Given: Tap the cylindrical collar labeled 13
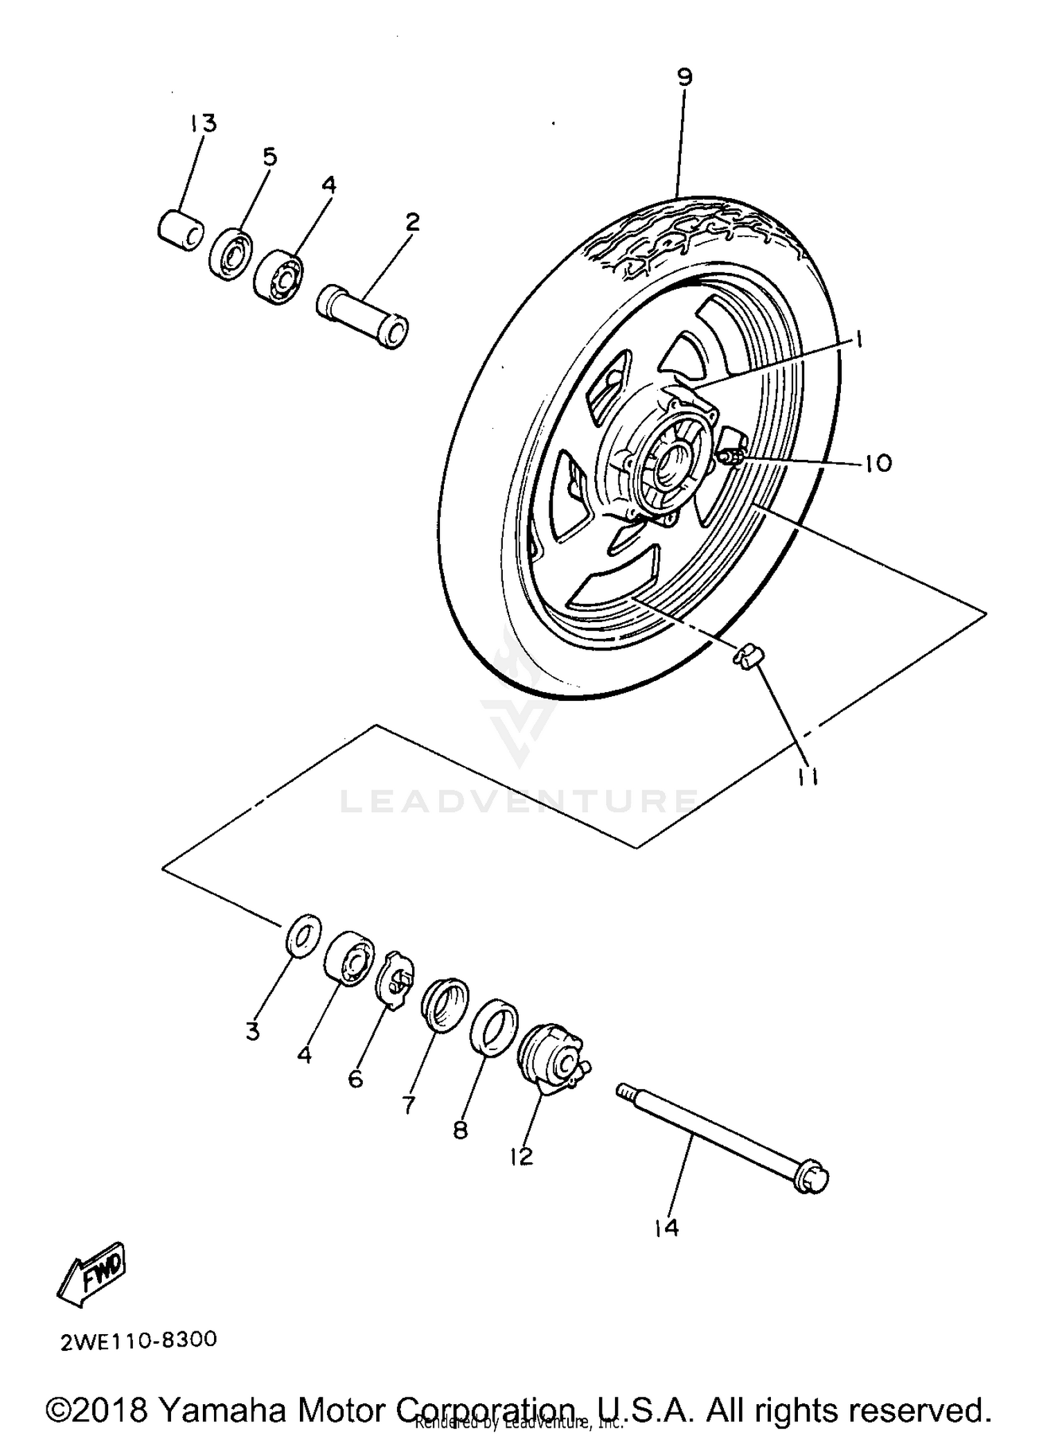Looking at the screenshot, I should tap(180, 228).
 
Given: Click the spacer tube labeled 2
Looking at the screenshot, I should tap(362, 317).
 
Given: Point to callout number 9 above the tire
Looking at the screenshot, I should tap(684, 76).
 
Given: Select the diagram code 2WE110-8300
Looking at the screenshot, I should tap(139, 1340).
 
